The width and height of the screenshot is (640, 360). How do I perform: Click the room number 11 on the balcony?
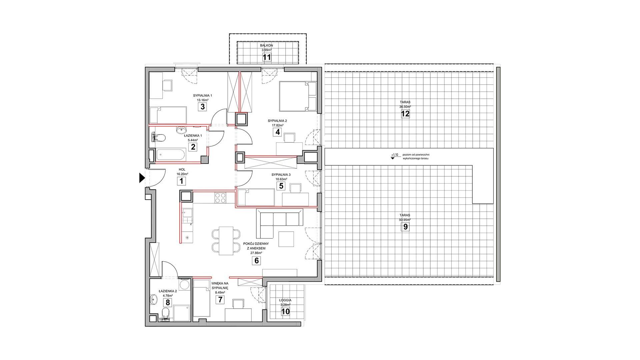pyautogui.click(x=266, y=57)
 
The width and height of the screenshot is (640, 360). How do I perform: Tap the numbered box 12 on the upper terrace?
pyautogui.click(x=405, y=114)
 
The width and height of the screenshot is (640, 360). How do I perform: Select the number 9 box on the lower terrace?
pyautogui.click(x=405, y=227)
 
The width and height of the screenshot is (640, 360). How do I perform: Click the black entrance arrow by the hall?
pyautogui.click(x=142, y=178)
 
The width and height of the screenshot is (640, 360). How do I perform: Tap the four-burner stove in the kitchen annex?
pyautogui.click(x=219, y=198)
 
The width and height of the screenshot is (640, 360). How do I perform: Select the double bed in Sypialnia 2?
pyautogui.click(x=297, y=96)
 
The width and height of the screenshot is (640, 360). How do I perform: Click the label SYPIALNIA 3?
pyautogui.click(x=281, y=175)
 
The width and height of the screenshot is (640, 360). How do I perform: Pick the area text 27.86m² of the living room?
pyautogui.click(x=256, y=253)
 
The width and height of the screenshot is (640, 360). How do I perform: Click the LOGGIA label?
pyautogui.click(x=286, y=300)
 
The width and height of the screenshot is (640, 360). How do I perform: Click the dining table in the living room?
pyautogui.click(x=226, y=241)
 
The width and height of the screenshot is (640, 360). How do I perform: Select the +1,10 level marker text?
pyautogui.click(x=395, y=155)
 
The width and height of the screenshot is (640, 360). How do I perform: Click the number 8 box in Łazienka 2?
pyautogui.click(x=168, y=302)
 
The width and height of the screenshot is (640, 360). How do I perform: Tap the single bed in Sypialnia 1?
pyautogui.click(x=167, y=115)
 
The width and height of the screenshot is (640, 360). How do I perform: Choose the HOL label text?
pyautogui.click(x=182, y=170)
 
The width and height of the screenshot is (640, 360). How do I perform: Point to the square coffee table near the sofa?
pyautogui.click(x=286, y=239)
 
